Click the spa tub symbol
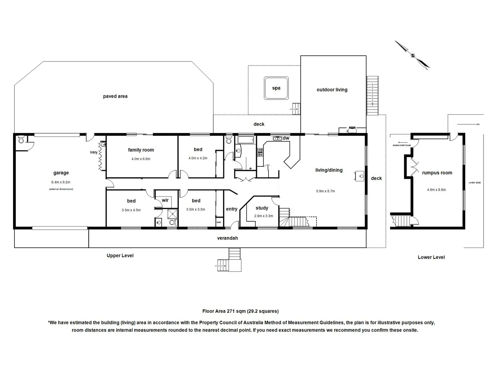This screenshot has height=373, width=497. click(276, 88)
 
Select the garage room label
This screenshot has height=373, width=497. click(61, 173)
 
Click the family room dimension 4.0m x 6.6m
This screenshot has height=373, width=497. click(141, 159)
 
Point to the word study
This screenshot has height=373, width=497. click(262, 208)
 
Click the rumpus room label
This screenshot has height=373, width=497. click(437, 173)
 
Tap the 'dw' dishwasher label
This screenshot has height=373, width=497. click(286, 138)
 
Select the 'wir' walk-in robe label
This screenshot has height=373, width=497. click(165, 200)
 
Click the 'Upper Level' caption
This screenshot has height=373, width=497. click(120, 256)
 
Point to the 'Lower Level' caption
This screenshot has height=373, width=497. click(431, 257)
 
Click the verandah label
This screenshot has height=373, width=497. click(227, 238)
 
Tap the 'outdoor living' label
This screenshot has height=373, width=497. click(332, 90)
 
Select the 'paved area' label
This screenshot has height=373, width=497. click(115, 96)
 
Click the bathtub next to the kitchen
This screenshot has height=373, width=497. click(245, 140)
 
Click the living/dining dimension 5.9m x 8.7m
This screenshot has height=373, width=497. click(325, 191)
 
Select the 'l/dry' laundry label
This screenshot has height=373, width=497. click(94, 152)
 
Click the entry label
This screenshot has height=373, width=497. click(232, 209)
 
